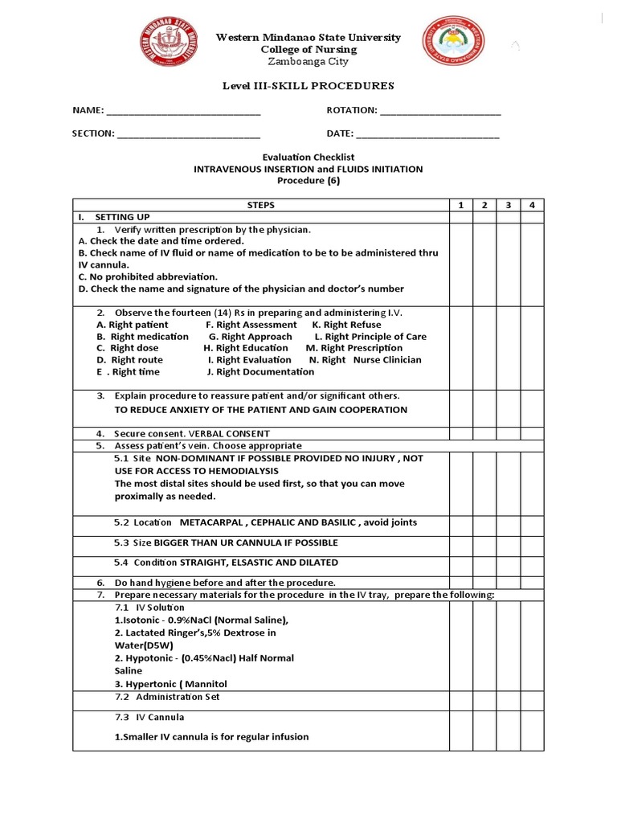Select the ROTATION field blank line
click(440, 112)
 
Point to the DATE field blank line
click(427, 135)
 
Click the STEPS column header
click(260, 206)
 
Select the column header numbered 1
click(460, 206)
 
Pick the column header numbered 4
click(532, 206)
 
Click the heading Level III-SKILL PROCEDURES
click(308, 86)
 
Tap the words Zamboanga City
click(308, 62)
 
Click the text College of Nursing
click(308, 50)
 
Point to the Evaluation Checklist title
click(308, 158)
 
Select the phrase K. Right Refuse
click(346, 325)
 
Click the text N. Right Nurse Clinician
click(365, 360)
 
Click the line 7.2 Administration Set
click(167, 697)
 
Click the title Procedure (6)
click(308, 181)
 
